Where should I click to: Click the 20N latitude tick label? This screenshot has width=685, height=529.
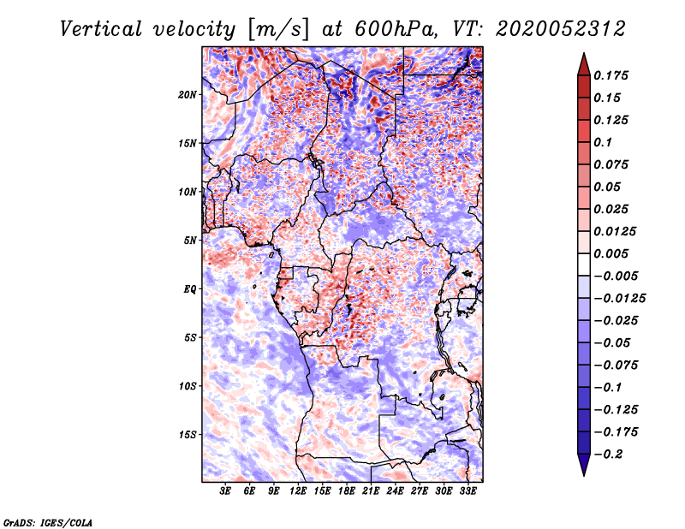[188, 94]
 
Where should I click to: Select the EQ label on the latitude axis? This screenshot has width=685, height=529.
[189, 289]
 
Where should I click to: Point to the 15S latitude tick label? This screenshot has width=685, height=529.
[188, 435]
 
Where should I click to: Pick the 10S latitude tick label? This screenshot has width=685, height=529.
[188, 386]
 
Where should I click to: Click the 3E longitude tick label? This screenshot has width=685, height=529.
[226, 491]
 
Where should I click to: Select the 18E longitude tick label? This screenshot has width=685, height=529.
[347, 491]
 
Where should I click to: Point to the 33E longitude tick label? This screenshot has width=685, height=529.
[468, 491]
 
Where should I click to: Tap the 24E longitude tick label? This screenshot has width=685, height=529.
[395, 491]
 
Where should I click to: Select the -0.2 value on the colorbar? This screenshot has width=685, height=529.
[611, 454]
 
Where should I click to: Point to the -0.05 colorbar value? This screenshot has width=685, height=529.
[612, 342]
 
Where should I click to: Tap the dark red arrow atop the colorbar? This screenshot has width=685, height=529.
[582, 62]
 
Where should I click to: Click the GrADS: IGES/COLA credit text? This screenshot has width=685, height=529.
[48, 521]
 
